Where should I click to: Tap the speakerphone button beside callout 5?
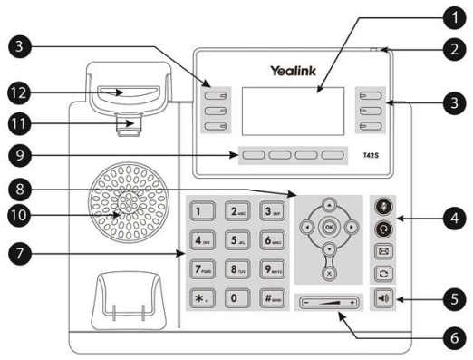[383, 298]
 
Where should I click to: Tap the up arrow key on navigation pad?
[328, 205]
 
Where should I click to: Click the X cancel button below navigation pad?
[328, 269]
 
